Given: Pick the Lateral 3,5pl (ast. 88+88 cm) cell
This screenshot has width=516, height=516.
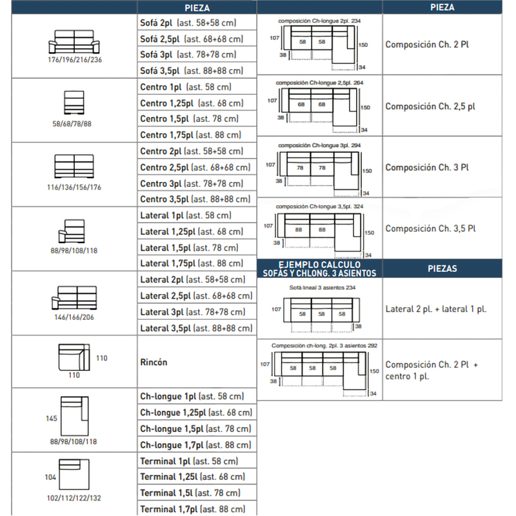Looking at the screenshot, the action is (x=196, y=328).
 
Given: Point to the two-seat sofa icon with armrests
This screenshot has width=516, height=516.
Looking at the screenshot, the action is (x=74, y=42).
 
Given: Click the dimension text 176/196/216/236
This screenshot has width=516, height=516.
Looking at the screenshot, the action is (x=75, y=59).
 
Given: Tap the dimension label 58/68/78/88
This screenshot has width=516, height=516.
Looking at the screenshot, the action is (x=72, y=124).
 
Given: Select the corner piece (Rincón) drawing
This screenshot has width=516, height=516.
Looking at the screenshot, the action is (x=74, y=357).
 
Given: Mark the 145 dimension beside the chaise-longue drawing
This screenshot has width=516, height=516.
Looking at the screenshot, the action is (x=52, y=418).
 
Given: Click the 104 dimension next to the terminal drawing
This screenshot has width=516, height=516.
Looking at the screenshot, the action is (x=50, y=477).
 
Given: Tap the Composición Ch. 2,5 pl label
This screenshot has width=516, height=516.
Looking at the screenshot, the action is (x=430, y=106).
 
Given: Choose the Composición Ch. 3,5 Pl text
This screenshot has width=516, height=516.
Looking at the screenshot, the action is (x=430, y=228).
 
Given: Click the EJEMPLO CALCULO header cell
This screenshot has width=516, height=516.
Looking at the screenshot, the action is (x=319, y=268).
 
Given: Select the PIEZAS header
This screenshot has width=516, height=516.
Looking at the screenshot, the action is (x=442, y=268).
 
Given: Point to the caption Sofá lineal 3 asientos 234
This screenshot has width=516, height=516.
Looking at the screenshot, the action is (x=322, y=288).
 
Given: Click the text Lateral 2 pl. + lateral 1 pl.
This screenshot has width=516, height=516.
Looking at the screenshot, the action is (x=436, y=309).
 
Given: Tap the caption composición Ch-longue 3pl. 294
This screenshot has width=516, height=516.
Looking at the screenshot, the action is (x=319, y=145).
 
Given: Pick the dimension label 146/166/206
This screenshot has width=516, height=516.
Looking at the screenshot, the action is (x=74, y=317).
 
